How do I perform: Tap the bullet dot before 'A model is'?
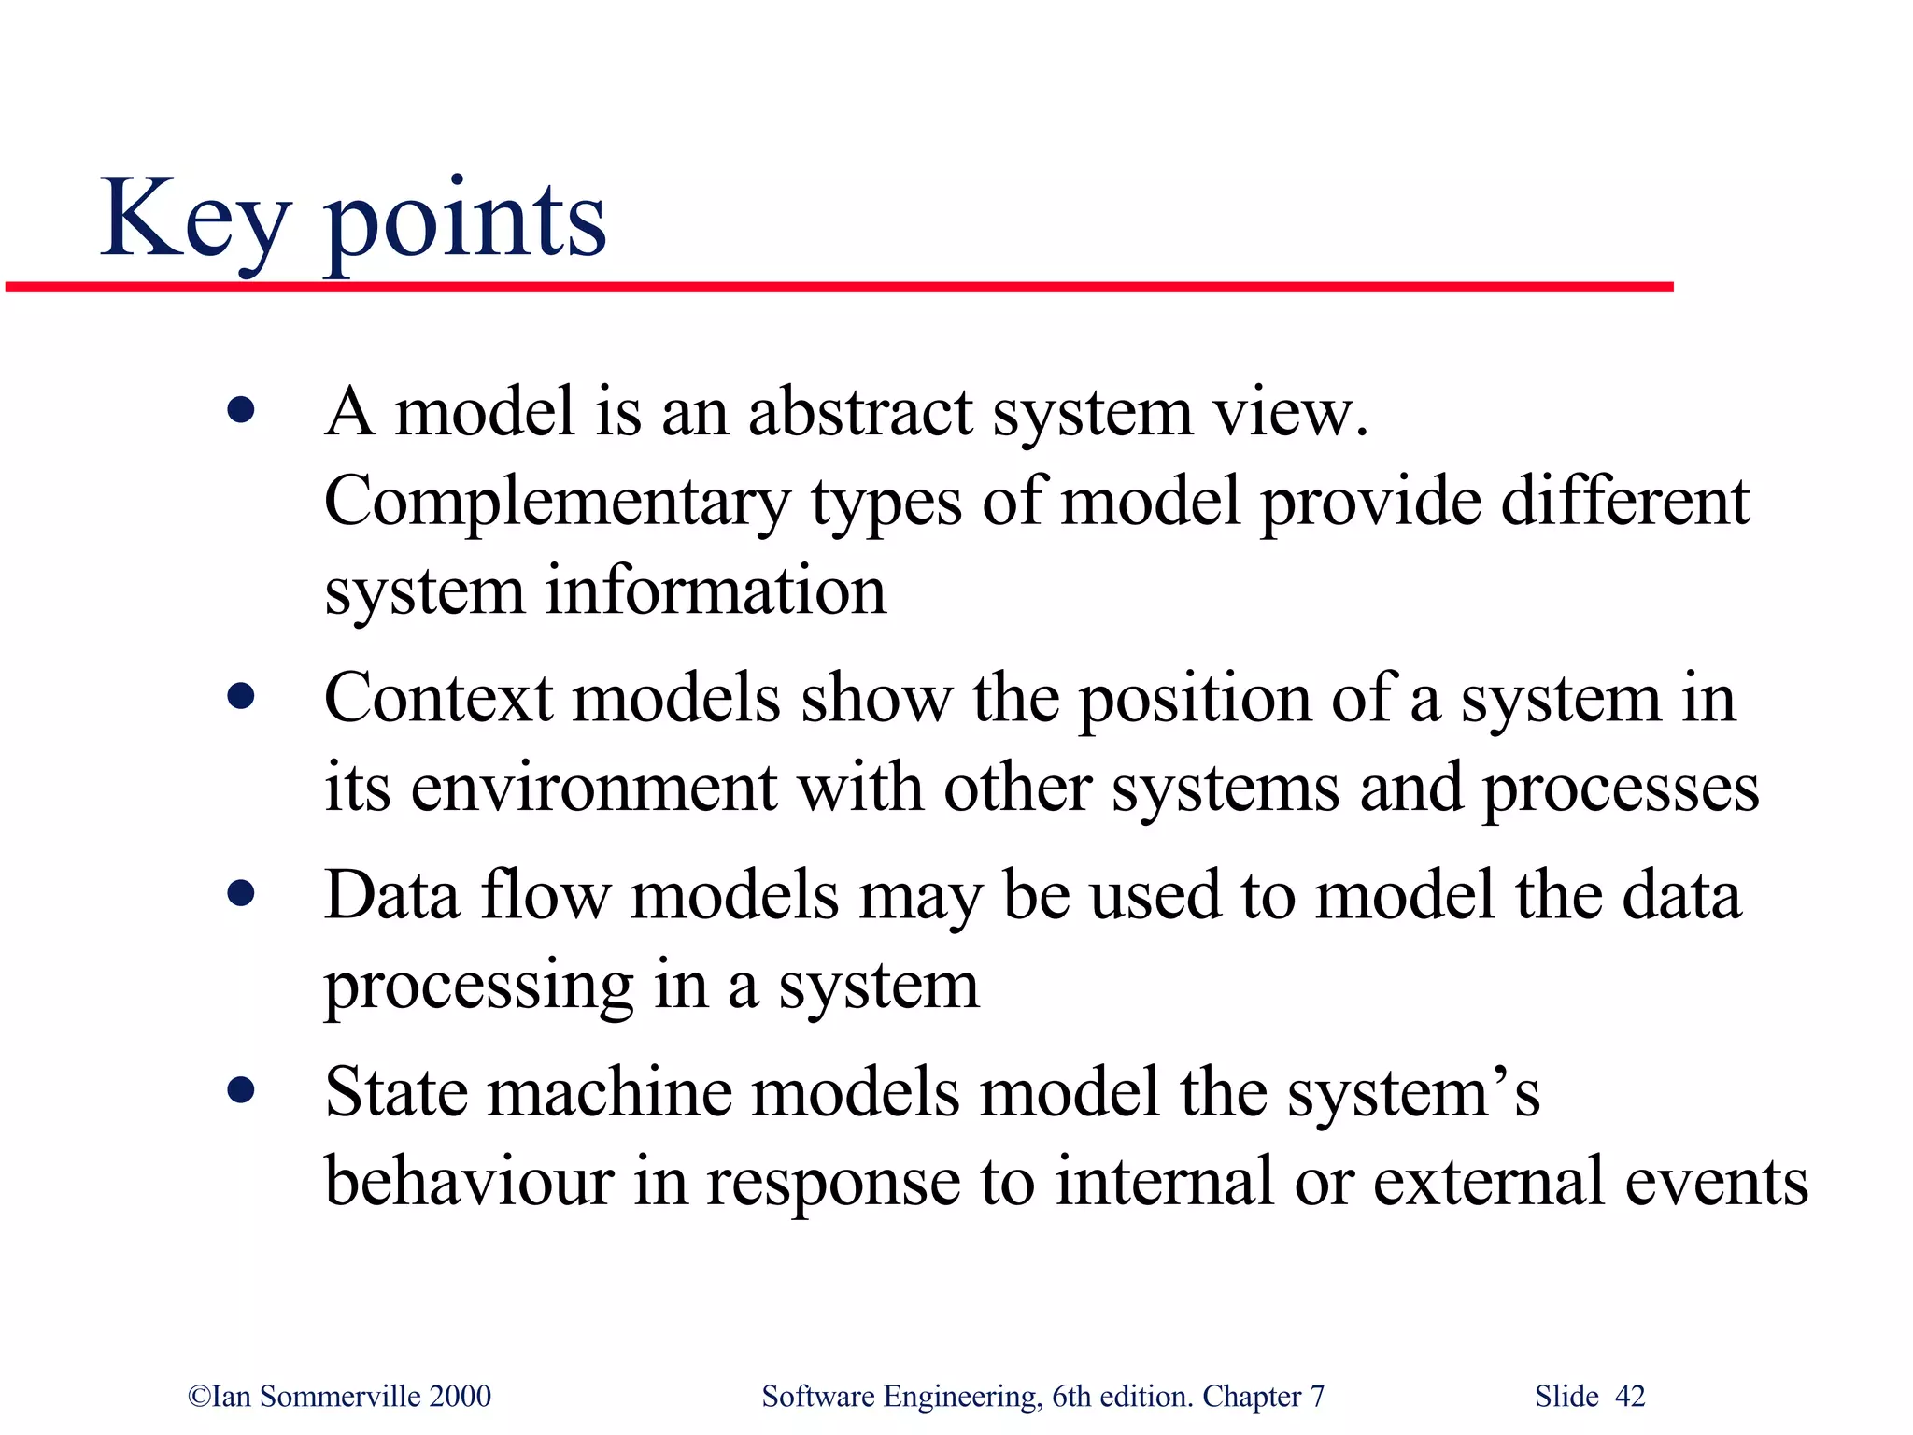click(x=241, y=410)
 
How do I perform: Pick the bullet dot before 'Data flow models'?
click(x=241, y=894)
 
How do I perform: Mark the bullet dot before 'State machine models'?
click(x=241, y=1090)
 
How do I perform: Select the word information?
click(x=716, y=590)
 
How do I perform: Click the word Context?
click(x=439, y=699)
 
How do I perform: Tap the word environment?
click(x=593, y=788)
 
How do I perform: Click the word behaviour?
click(x=469, y=1181)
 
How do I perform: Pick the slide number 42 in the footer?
click(x=1630, y=1396)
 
